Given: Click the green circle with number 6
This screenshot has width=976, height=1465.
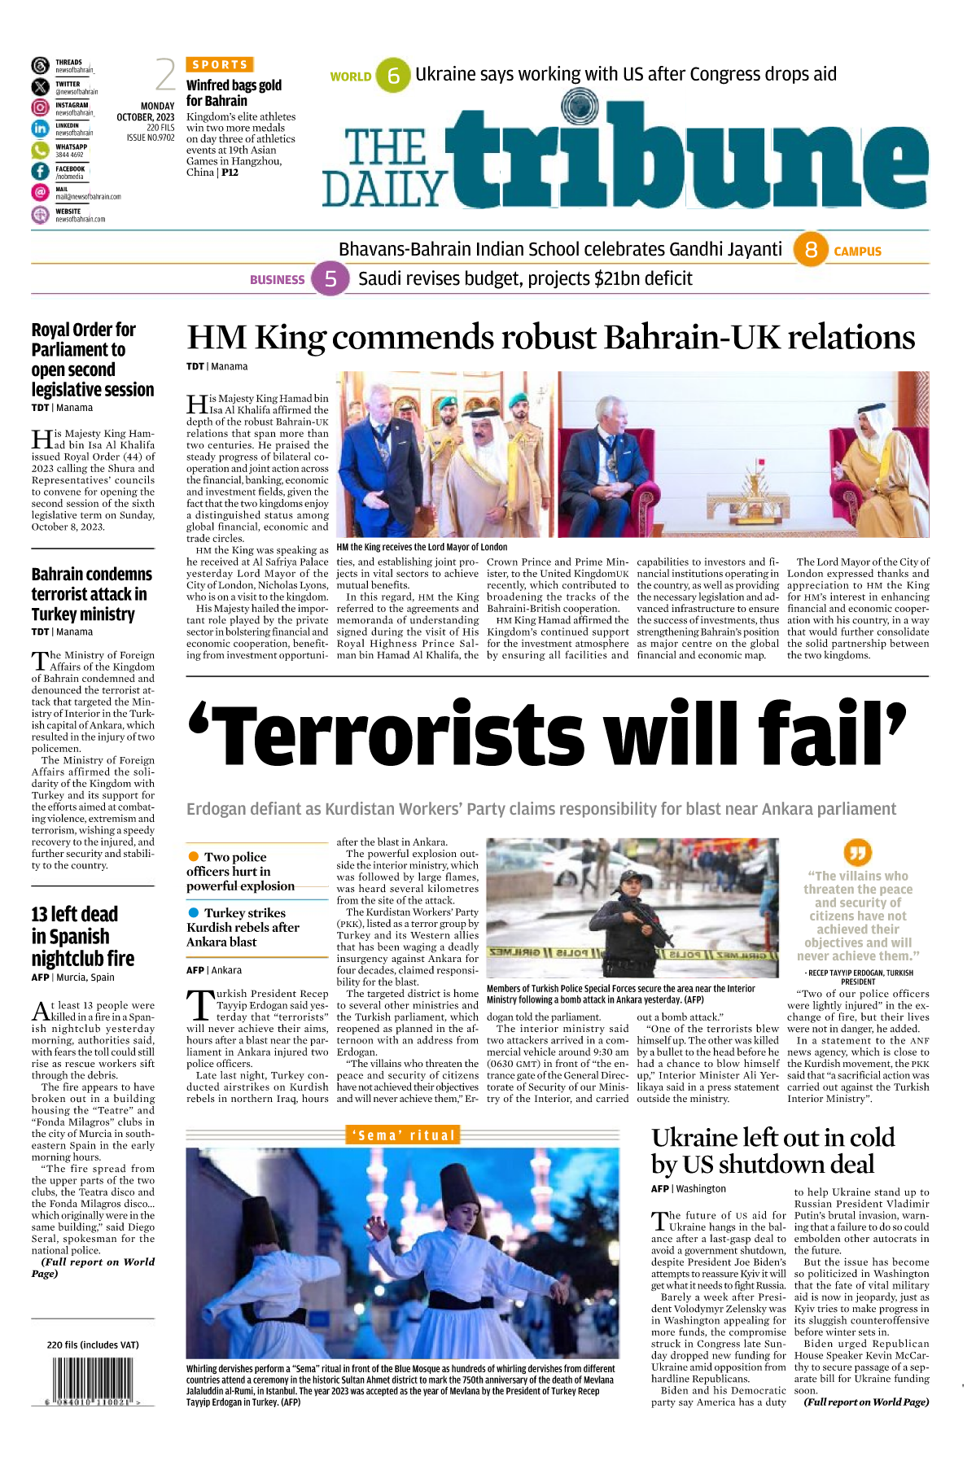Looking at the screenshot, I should pos(393,76).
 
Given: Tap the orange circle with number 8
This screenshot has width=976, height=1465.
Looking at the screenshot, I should pos(811,249).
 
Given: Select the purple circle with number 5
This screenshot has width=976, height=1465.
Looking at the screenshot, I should pos(330,278).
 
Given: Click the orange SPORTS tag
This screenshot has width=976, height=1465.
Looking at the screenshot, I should pos(220,64).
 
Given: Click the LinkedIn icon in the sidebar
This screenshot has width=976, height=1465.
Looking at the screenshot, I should pos(40,129).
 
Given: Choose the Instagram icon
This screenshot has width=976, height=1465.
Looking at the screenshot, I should pos(40,107).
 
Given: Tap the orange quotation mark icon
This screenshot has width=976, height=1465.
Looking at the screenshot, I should pos(857,852).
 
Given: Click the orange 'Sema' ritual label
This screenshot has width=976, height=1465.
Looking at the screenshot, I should pos(403,1135).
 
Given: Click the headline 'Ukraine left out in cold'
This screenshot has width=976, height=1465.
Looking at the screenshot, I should pos(772,1137).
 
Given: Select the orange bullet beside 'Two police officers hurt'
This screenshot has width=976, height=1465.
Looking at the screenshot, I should pos(194,856).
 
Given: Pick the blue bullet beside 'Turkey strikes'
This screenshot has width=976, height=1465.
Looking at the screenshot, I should pos(194,912).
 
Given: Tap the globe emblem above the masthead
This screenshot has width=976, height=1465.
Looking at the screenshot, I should pos(580,106).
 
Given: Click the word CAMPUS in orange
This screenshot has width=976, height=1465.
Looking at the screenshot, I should pos(857,251).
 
